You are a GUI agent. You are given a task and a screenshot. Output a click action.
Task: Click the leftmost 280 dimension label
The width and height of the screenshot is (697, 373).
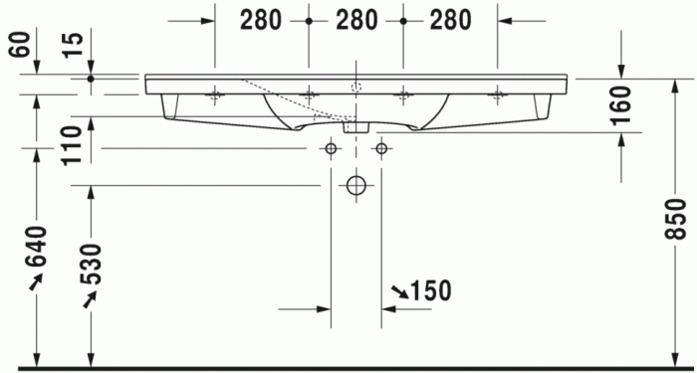[262, 19]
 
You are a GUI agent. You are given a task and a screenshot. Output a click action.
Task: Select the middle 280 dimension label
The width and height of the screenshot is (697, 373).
[355, 19]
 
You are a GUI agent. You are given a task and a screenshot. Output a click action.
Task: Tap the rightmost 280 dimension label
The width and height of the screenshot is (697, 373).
[450, 19]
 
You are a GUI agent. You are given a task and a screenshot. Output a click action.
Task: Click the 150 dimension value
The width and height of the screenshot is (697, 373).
[430, 290]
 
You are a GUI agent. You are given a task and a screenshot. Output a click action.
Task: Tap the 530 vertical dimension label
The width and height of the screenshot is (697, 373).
[91, 261]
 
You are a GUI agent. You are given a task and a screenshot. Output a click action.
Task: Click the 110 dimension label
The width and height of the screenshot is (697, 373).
[70, 145]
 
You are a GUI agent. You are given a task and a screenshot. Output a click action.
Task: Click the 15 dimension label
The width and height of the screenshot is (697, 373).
[70, 45]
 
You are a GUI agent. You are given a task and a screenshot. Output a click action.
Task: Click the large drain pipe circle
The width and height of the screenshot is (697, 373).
[355, 185]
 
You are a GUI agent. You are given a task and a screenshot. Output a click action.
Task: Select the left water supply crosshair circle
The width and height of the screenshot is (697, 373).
[330, 148]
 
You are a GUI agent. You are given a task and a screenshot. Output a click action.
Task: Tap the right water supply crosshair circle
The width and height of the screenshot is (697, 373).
[380, 148]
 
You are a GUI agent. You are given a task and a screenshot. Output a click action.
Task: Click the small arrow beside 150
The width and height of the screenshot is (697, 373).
[398, 290]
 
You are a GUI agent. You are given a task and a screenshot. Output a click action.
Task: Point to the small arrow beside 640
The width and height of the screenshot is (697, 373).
[37, 282]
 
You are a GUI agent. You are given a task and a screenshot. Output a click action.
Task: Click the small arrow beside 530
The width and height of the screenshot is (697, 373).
[91, 295]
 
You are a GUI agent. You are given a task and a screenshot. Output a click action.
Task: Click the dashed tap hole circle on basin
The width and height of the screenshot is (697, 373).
[355, 87]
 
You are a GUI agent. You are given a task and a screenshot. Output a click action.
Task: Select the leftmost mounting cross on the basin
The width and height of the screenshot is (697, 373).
[215, 94]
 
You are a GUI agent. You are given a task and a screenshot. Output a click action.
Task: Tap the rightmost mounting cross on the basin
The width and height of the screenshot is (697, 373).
[497, 94]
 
